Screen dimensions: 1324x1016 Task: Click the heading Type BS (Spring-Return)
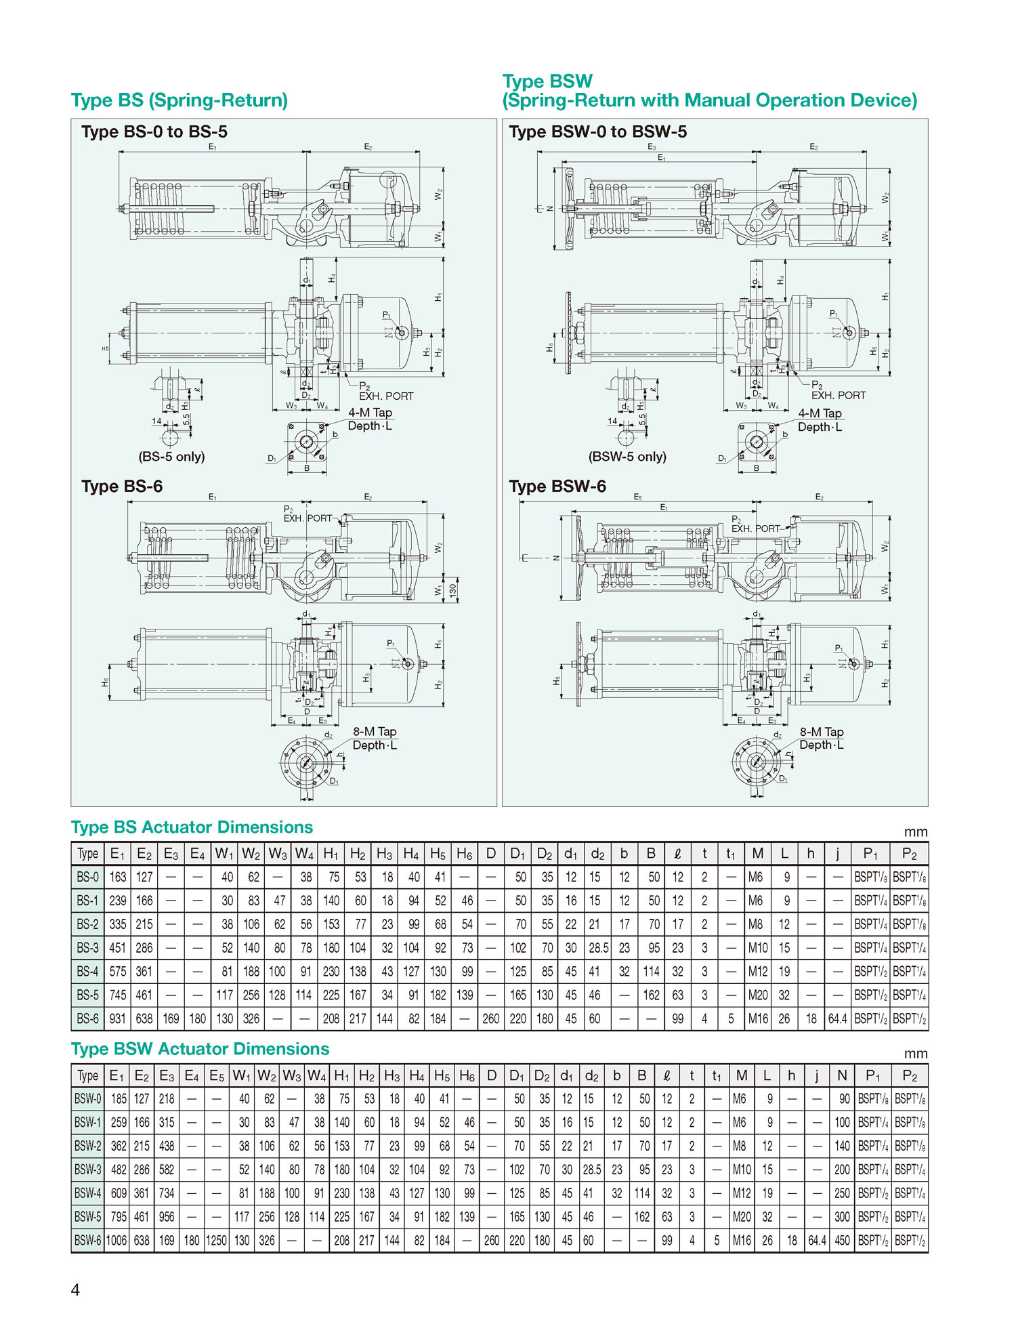pos(179,100)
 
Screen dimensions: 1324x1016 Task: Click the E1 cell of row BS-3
pos(118,947)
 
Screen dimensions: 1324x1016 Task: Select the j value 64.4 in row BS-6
pos(837,1018)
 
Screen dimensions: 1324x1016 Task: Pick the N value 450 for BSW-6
pos(842,1240)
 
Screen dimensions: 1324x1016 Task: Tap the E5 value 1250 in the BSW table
pos(217,1240)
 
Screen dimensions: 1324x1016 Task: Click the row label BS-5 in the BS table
pos(87,995)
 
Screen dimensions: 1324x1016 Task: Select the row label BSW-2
pos(88,1146)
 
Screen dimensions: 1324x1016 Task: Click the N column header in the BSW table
pos(842,1075)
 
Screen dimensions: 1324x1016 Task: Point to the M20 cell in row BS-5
pos(758,995)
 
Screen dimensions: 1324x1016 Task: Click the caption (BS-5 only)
pos(171,457)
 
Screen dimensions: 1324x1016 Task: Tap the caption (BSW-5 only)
pos(627,457)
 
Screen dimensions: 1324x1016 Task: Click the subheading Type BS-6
pos(122,487)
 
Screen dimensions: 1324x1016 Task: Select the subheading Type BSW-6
pos(557,487)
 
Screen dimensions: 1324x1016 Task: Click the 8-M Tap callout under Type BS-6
pos(375,732)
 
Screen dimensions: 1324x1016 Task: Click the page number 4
pos(75,1289)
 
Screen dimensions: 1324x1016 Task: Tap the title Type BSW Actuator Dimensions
pos(200,1049)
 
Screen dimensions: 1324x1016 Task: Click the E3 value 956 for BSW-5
pos(167,1216)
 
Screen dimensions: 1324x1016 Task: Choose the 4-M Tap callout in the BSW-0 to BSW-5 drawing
pos(820,413)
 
